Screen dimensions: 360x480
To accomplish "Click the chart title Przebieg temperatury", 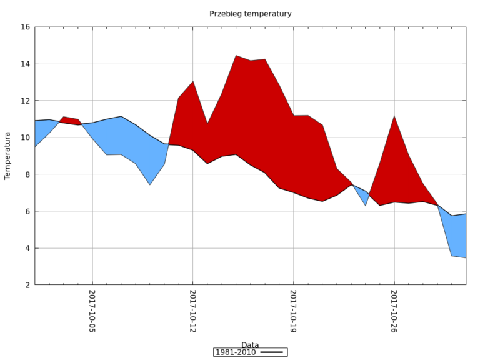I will click(250, 14).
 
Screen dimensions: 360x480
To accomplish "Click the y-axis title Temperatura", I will click(8, 156).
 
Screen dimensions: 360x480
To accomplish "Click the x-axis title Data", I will click(250, 345).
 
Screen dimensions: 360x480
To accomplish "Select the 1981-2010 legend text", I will click(236, 352).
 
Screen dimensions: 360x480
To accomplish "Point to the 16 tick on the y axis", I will click(25, 27).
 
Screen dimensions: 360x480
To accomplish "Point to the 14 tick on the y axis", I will click(25, 64).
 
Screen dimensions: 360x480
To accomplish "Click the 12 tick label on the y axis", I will click(25, 101).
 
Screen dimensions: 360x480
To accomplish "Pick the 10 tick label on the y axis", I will click(25, 138).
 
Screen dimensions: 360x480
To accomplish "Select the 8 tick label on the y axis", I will click(27, 175).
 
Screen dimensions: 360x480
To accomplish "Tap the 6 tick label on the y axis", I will click(27, 212).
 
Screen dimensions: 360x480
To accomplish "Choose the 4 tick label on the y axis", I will click(27, 249).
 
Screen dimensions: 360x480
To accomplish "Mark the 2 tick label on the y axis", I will click(27, 286).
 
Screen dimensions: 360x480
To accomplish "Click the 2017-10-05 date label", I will click(92, 311).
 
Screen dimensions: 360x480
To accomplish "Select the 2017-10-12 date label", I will click(193, 311).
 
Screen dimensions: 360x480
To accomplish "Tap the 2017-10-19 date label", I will click(293, 311).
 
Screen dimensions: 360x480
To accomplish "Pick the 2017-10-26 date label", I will click(394, 311).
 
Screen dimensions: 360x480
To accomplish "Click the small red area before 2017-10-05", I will click(70, 120).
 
